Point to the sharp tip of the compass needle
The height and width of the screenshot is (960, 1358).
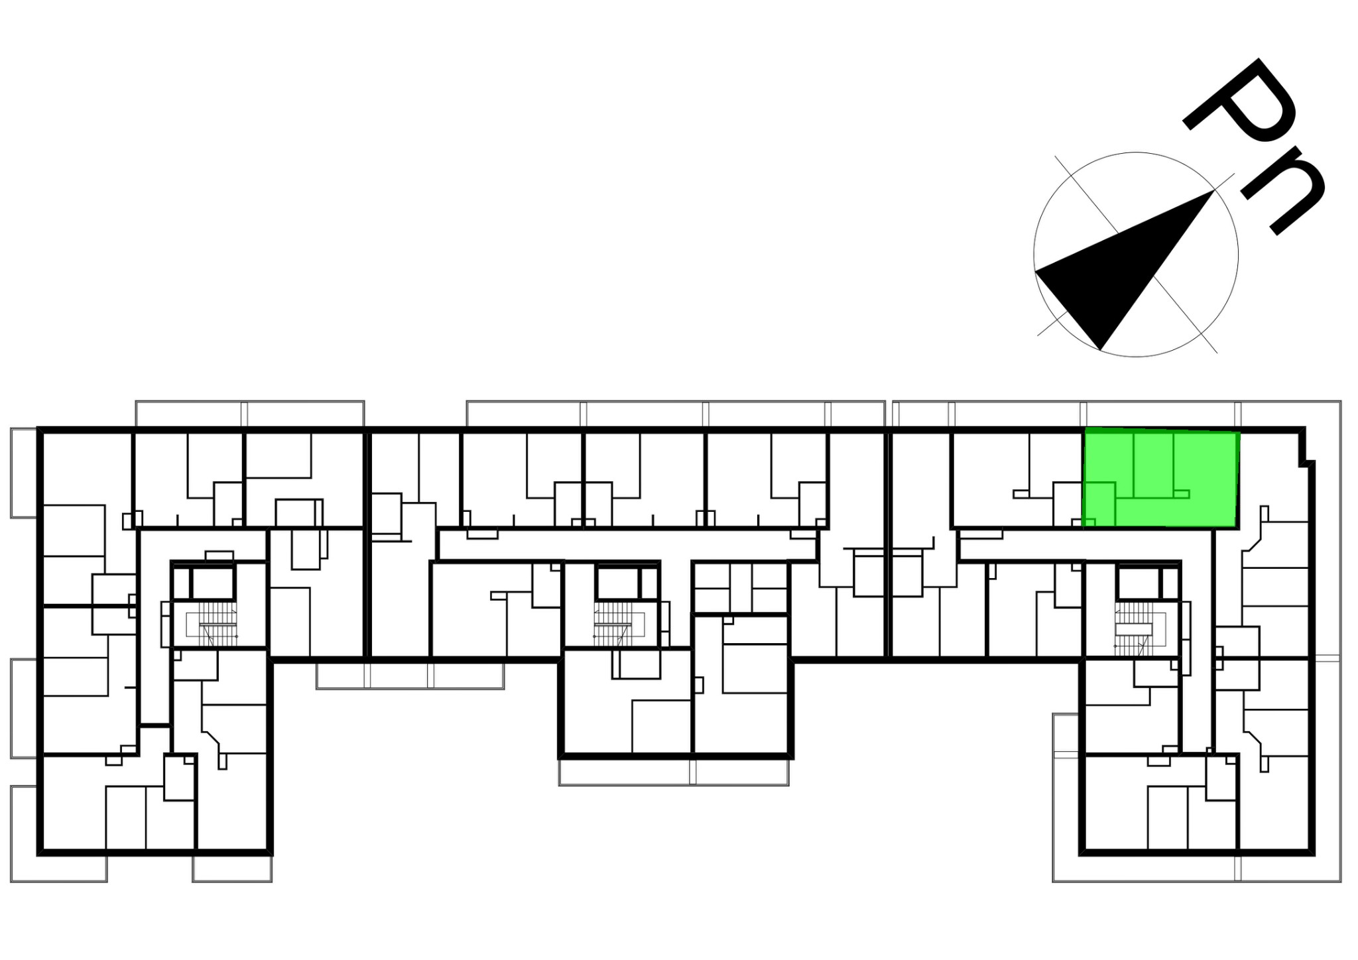pyautogui.click(x=1213, y=191)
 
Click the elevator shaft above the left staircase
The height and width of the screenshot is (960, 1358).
pyautogui.click(x=213, y=583)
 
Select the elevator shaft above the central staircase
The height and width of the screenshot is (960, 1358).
pyautogui.click(x=617, y=583)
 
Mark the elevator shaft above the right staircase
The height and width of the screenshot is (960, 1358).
pyautogui.click(x=1138, y=583)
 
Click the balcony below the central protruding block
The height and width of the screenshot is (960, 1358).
pyautogui.click(x=674, y=772)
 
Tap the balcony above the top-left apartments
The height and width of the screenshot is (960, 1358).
pyautogui.click(x=250, y=414)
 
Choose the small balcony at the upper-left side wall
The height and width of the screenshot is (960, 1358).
pyautogui.click(x=24, y=473)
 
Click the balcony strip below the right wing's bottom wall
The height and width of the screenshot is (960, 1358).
pyautogui.click(x=1197, y=869)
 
